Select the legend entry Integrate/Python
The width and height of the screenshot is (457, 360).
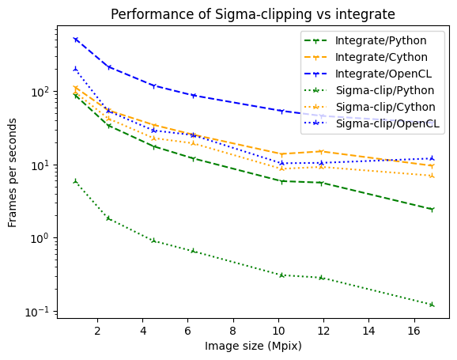[381, 40]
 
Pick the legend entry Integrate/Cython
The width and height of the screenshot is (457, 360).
[381, 57]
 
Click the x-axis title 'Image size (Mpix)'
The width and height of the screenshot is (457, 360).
[253, 346]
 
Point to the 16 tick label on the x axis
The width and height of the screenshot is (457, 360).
[414, 331]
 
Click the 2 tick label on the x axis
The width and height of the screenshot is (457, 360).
[97, 331]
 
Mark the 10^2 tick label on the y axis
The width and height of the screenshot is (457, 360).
[39, 92]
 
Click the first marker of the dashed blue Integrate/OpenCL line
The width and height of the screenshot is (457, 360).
[75, 39]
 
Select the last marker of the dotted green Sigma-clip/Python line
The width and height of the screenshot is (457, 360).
[431, 305]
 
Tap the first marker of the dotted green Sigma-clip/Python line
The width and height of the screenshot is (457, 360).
[75, 181]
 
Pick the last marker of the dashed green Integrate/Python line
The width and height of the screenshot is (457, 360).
[431, 210]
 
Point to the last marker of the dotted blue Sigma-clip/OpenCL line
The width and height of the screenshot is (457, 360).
[431, 158]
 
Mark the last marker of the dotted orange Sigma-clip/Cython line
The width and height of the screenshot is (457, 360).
[431, 176]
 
